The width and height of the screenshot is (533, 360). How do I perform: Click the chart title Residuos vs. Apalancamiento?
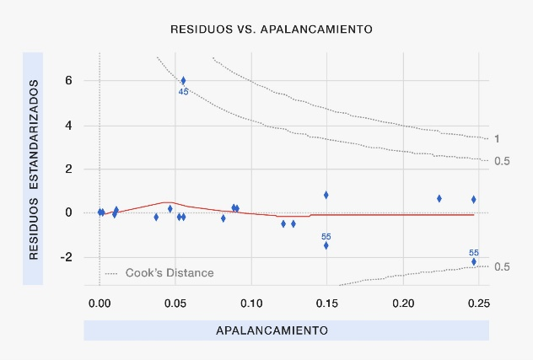click(271, 29)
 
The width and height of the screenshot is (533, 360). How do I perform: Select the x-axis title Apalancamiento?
click(272, 330)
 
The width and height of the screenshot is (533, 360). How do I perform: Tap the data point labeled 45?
click(183, 81)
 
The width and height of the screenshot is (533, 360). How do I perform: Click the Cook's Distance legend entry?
click(169, 273)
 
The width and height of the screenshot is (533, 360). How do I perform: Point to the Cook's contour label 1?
click(498, 139)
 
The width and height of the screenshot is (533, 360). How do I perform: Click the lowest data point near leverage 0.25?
click(474, 261)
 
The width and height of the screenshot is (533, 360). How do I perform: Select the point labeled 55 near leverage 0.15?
click(326, 245)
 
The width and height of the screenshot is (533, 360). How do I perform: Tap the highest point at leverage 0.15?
click(326, 195)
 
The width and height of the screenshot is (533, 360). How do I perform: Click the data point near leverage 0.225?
click(439, 198)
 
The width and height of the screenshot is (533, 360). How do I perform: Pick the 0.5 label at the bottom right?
click(502, 267)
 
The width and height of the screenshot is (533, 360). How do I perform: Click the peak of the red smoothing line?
click(166, 202)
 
